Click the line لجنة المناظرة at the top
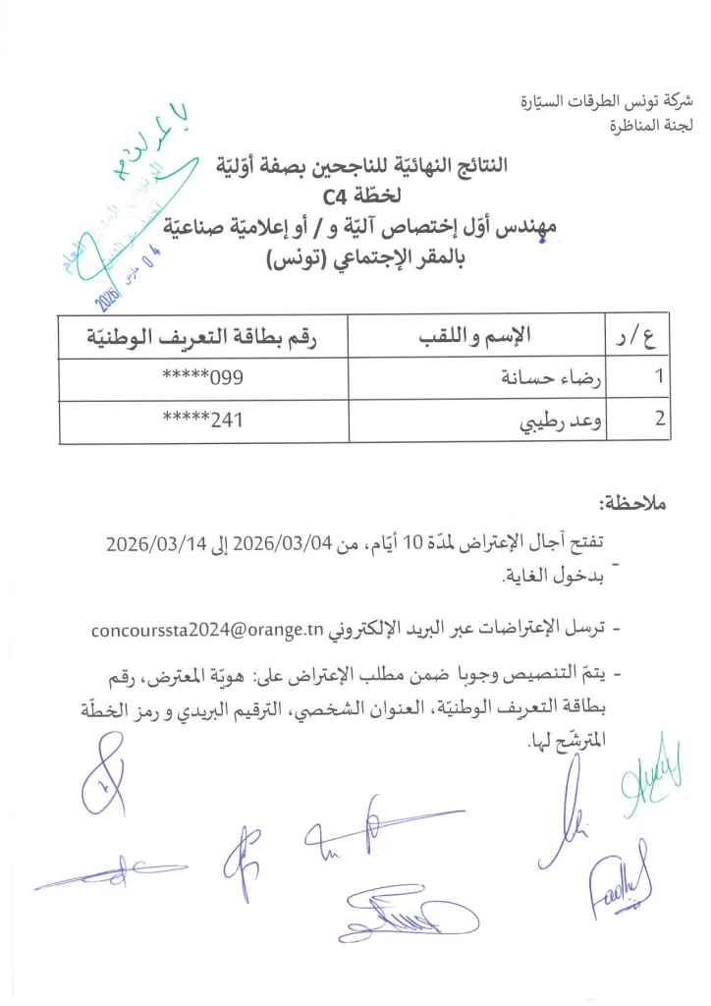651,124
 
